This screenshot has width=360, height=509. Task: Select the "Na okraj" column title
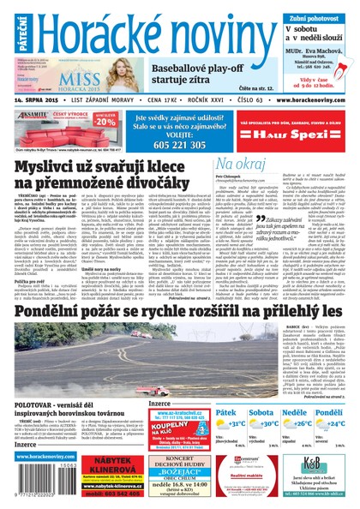pyautogui.click(x=237, y=164)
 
